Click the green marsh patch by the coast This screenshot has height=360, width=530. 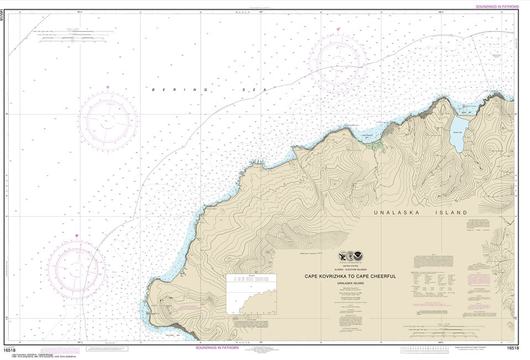[377, 146]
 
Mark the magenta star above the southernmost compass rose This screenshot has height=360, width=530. [77, 236]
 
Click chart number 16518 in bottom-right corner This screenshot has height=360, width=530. [512, 348]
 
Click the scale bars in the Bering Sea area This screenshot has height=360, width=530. [76, 36]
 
